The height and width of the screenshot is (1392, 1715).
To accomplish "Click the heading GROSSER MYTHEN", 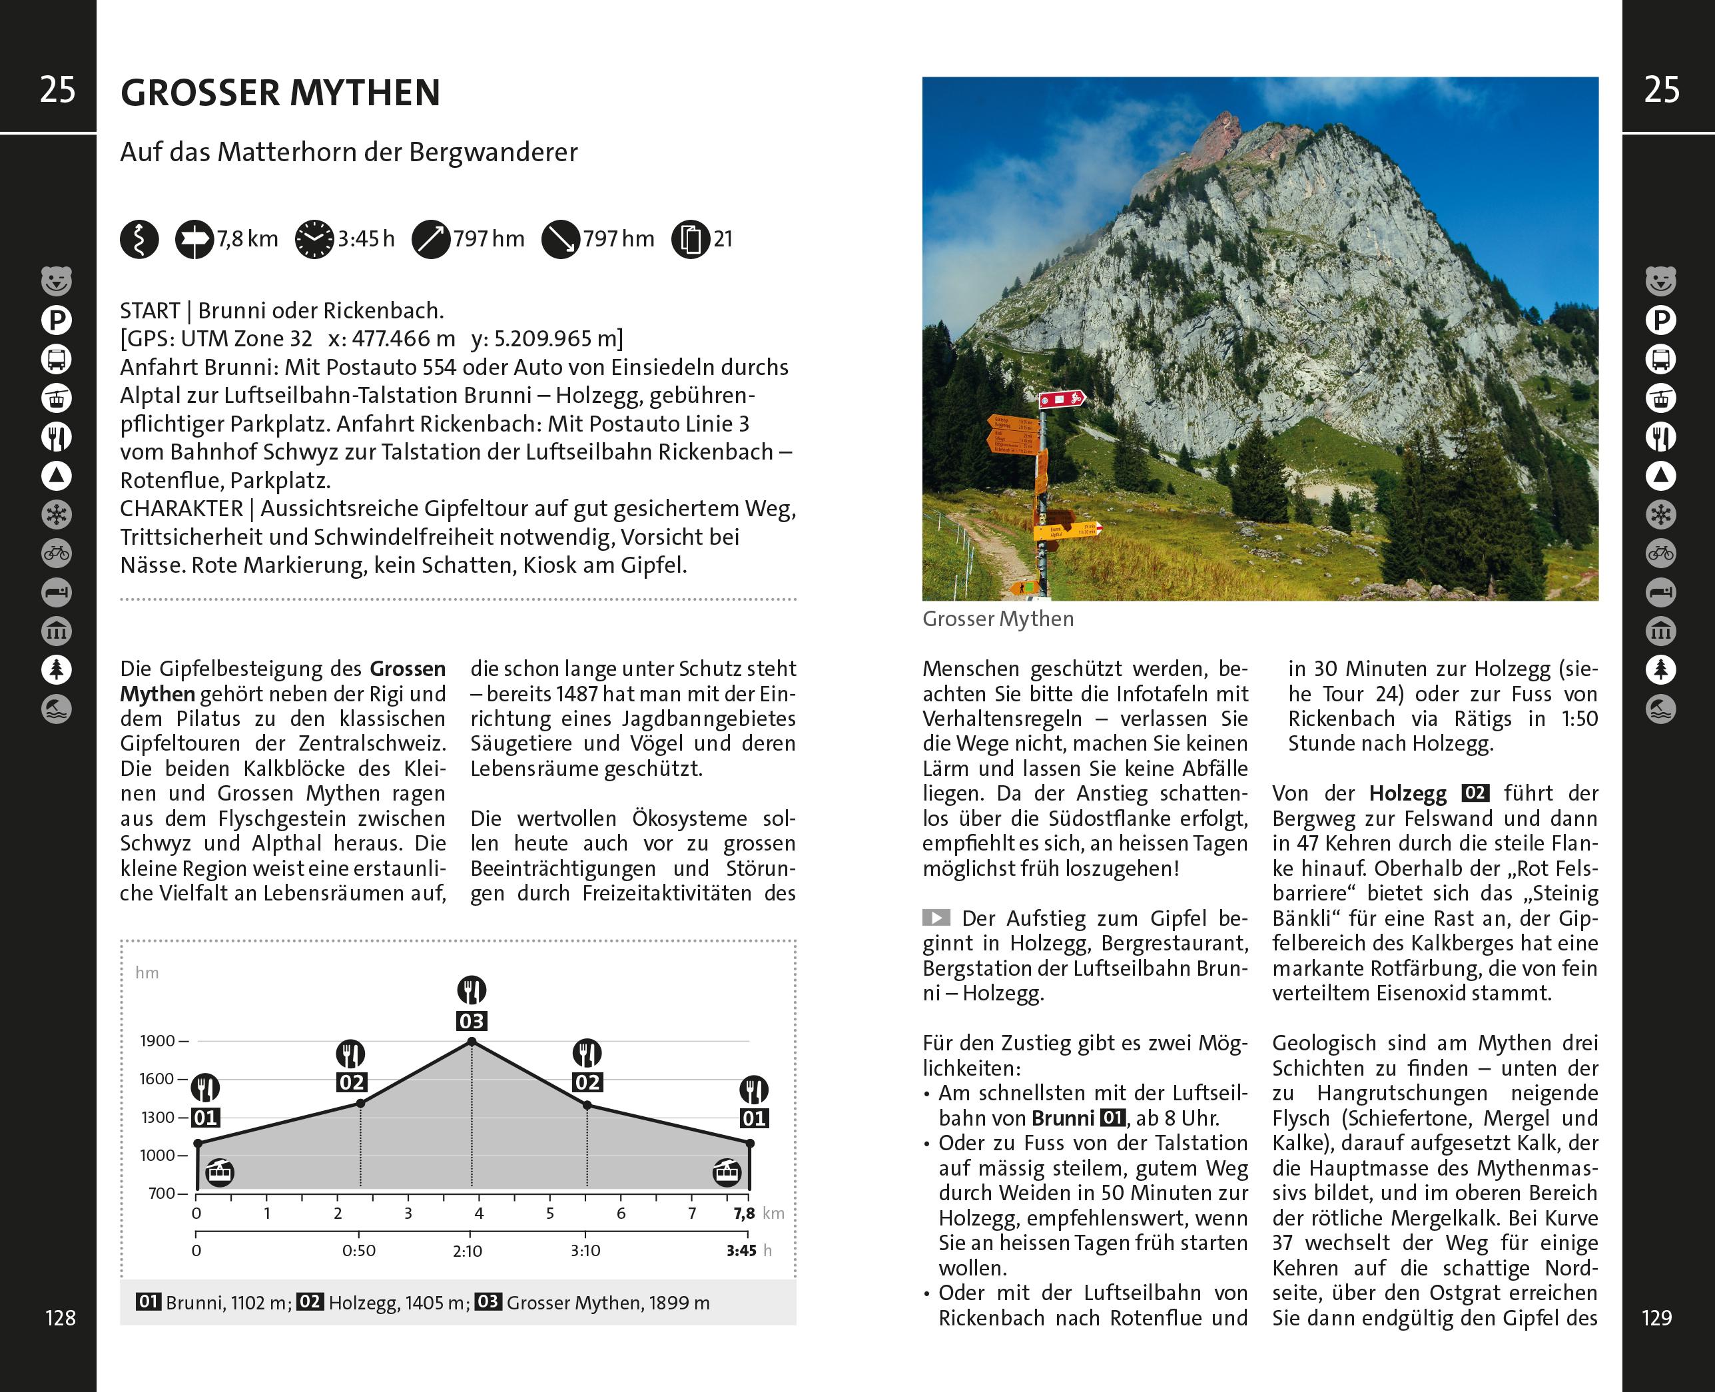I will click(280, 93).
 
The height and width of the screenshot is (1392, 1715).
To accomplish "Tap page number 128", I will click(60, 1317).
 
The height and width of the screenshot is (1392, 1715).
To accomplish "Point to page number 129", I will click(1656, 1317).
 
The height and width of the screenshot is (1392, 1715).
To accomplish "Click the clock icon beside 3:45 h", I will click(314, 239).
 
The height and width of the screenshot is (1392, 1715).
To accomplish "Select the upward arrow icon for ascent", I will click(430, 239).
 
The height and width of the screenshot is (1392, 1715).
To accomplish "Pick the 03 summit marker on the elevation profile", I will click(472, 1021).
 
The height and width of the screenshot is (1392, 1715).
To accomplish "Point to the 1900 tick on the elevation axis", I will click(158, 1041).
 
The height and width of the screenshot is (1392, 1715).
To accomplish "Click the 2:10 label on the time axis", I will click(468, 1251).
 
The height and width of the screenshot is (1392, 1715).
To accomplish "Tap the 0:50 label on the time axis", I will click(358, 1251).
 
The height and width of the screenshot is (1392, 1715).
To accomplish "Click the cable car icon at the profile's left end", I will click(219, 1172).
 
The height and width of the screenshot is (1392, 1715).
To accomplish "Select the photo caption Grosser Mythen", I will click(998, 619).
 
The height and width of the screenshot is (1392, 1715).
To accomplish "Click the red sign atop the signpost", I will click(1062, 398).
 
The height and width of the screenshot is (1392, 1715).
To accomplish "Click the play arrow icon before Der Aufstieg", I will click(936, 917).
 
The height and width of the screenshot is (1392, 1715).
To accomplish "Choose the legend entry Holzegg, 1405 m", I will click(384, 1302).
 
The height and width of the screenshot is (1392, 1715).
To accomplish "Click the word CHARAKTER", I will click(181, 508).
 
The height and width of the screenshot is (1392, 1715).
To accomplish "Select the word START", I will click(150, 310).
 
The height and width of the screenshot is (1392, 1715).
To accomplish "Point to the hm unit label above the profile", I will click(147, 972).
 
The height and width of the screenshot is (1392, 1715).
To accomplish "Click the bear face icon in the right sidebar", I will click(1660, 280).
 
